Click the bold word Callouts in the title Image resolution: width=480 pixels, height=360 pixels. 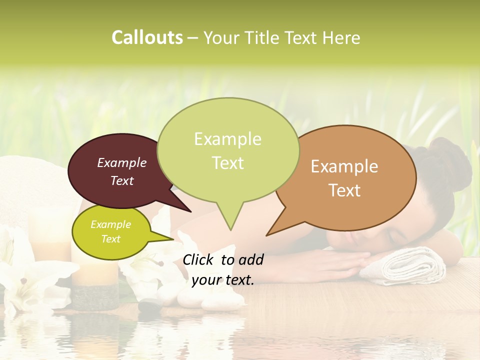(x=147, y=37)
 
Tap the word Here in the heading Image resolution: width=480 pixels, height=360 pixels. (x=341, y=38)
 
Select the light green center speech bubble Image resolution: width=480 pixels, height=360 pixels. (x=228, y=150)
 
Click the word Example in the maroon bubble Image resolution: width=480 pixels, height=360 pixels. (x=122, y=162)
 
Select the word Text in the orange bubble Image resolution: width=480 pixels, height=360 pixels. (x=345, y=190)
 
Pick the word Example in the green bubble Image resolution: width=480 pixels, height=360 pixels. (x=227, y=139)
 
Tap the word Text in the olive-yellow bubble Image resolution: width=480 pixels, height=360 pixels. (x=111, y=239)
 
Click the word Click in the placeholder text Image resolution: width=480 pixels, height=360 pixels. (x=199, y=259)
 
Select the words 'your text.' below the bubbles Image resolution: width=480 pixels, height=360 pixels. (x=223, y=280)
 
